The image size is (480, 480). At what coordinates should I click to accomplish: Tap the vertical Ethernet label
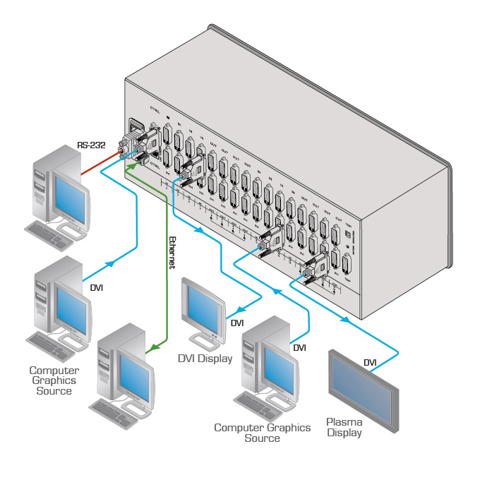tap(172, 252)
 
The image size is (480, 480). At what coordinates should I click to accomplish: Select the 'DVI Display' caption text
tap(204, 359)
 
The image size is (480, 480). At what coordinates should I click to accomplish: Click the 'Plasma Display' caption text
tap(344, 428)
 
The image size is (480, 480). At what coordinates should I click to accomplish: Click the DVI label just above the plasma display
tap(370, 363)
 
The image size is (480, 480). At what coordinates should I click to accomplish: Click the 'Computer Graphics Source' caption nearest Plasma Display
tap(262, 433)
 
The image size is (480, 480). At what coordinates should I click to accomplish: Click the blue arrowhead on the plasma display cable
tap(345, 319)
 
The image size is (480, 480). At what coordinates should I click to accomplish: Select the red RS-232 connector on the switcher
tap(124, 150)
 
